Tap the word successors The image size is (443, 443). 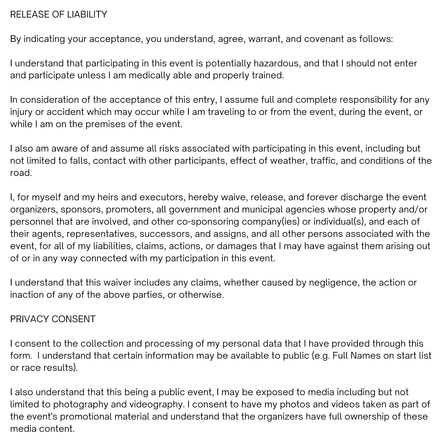pos(165,234)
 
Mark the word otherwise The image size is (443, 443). pos(201,295)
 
